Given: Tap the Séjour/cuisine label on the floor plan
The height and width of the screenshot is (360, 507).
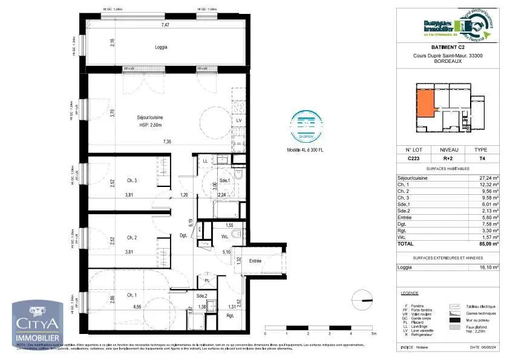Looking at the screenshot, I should point(149,117).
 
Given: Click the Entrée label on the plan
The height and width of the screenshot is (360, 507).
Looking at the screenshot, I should point(254,261).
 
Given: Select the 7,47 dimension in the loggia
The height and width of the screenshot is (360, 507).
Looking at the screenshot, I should point(165,25).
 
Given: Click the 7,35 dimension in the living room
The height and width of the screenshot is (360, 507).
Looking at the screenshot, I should point(166,142).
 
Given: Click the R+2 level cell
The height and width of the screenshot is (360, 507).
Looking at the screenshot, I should point(448,158).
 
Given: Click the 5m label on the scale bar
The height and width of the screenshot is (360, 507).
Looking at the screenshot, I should point(374,333).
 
